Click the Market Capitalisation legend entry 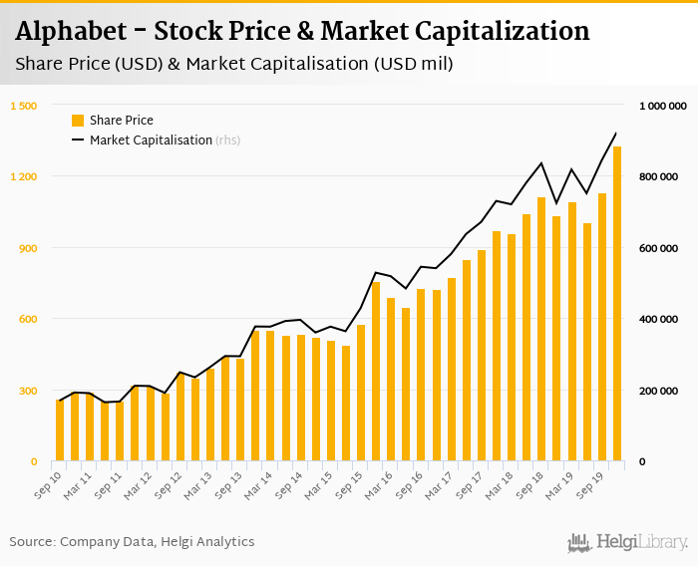pyautogui.click(x=151, y=141)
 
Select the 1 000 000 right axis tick pyautogui.click(x=662, y=106)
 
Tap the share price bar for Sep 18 pyautogui.click(x=541, y=330)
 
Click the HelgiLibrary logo pyautogui.click(x=628, y=542)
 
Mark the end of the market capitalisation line pyautogui.click(x=616, y=134)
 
